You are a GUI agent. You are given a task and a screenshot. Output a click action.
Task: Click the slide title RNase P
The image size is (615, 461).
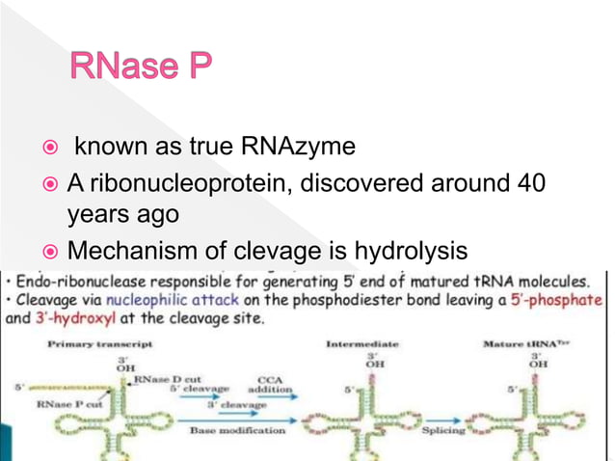139,68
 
